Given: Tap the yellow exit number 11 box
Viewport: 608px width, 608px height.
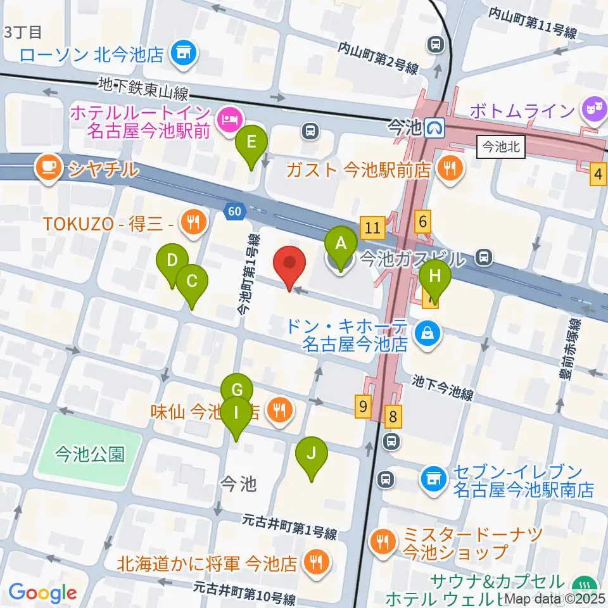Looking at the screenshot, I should [x=372, y=226].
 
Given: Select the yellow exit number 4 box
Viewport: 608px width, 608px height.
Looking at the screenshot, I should [x=598, y=174].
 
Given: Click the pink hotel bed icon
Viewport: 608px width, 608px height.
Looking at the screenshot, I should [x=227, y=117].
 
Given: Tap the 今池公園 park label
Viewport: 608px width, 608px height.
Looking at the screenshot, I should [x=89, y=453].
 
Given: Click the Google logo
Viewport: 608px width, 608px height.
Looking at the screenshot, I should [x=43, y=593].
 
